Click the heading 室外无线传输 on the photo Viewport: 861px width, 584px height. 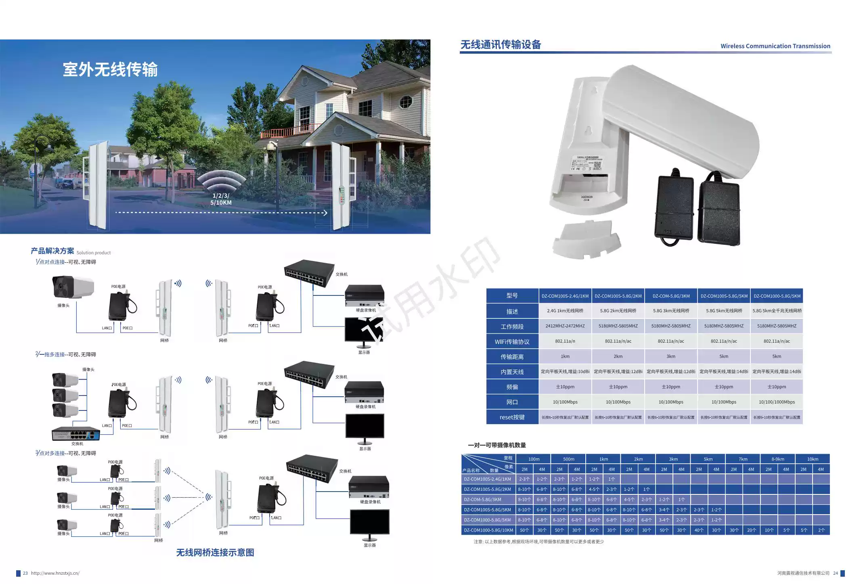[x=110, y=69]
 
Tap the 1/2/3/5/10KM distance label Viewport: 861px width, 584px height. [x=221, y=199]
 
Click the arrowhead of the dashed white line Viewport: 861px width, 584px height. [x=325, y=213]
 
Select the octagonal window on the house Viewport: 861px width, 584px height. [x=406, y=102]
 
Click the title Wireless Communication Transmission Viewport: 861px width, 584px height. [x=775, y=46]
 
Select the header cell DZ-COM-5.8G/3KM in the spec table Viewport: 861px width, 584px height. [x=671, y=296]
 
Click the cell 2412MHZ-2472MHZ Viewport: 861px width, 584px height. [x=565, y=326]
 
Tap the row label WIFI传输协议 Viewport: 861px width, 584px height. [x=512, y=341]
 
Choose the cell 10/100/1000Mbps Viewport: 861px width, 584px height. [x=777, y=402]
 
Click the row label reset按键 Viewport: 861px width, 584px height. [x=512, y=417]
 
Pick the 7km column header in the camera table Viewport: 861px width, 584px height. [x=743, y=459]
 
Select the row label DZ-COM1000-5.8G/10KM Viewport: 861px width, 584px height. [x=488, y=530]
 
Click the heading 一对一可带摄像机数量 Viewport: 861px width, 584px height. [x=496, y=445]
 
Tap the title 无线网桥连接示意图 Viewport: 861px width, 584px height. [x=215, y=553]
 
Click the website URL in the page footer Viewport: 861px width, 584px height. [x=55, y=573]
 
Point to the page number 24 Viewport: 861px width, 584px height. [x=835, y=573]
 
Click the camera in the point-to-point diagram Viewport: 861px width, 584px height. [x=73, y=287]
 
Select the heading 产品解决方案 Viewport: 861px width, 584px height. [x=52, y=251]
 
